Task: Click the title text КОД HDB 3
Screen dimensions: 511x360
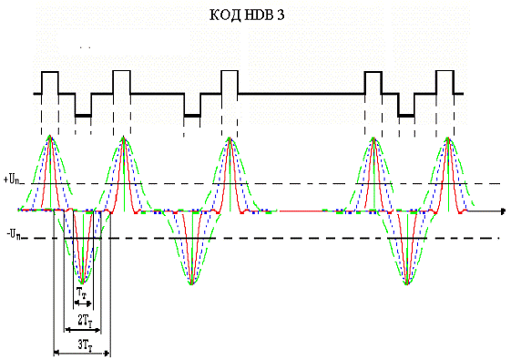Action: (x=247, y=15)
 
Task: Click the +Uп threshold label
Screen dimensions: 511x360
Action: (x=13, y=180)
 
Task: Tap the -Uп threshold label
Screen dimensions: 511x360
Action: (x=14, y=234)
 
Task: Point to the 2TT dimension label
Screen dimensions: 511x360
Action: (x=85, y=321)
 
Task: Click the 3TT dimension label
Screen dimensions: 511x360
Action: (x=85, y=345)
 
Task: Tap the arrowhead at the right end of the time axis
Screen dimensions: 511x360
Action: (x=503, y=211)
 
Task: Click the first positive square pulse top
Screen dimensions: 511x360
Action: (x=50, y=72)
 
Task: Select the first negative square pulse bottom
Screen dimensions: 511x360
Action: (x=83, y=116)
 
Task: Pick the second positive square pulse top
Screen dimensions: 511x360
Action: (x=121, y=71)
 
